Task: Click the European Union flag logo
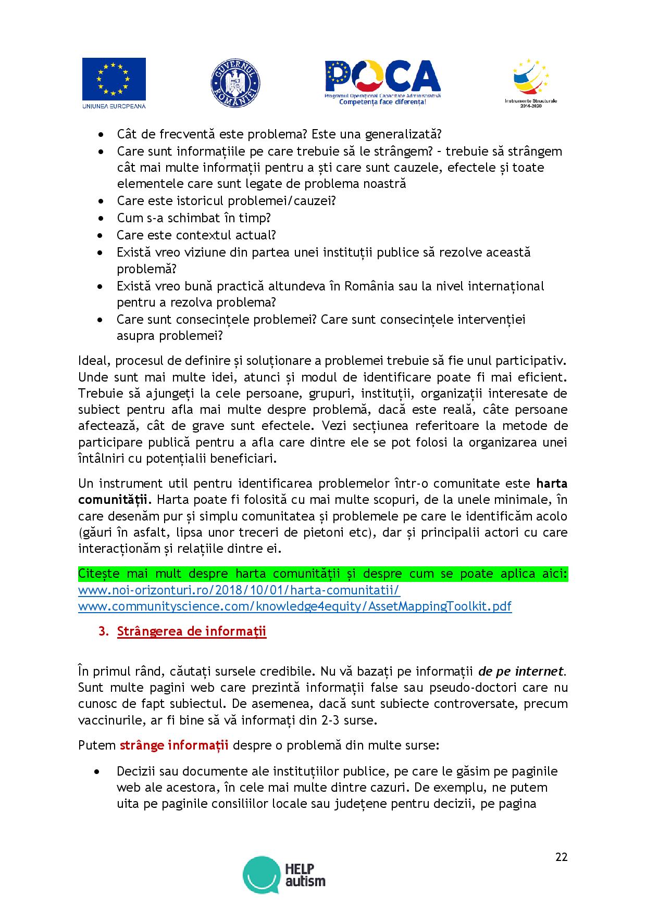click(114, 83)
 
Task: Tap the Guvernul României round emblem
click(235, 83)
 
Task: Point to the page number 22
click(561, 857)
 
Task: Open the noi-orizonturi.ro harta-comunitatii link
click(239, 590)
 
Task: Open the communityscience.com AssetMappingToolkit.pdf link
click(294, 606)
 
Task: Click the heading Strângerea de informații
click(192, 631)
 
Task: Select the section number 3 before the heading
click(103, 632)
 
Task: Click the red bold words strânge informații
click(174, 745)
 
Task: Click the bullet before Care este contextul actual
click(100, 235)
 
